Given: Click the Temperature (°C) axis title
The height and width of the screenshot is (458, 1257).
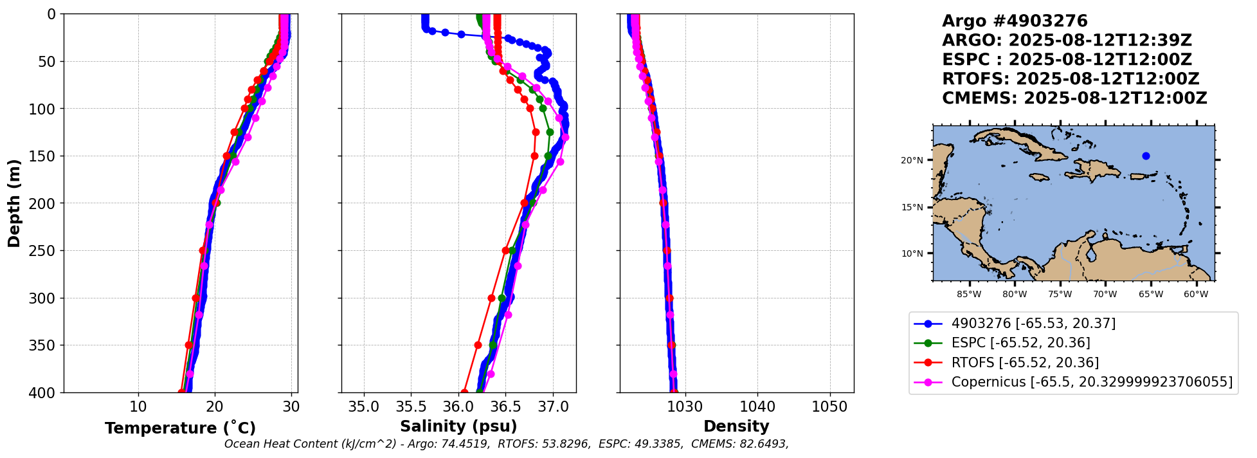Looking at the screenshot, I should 180,428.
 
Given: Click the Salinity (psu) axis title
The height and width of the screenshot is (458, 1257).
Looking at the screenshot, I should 458,426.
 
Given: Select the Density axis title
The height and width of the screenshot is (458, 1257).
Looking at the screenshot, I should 736,426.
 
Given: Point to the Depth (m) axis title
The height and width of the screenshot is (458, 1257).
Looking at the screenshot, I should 14,203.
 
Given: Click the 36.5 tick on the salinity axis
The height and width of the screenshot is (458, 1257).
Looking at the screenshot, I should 505,407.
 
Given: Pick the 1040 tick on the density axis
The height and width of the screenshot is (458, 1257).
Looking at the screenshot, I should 757,407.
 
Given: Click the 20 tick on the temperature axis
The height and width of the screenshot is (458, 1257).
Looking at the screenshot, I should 215,407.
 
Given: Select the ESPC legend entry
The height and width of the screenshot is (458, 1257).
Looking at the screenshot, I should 1020,343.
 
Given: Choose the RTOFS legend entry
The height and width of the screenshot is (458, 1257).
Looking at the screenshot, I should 1025,363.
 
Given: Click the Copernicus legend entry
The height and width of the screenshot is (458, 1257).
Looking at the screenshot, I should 1092,382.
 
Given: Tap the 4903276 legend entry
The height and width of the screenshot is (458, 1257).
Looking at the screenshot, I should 1033,323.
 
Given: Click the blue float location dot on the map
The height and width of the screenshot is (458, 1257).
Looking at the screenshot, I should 1146,156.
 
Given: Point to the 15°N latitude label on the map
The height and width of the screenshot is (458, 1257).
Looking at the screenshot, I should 912,207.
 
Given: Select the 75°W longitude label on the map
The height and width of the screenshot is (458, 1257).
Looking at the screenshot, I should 1060,295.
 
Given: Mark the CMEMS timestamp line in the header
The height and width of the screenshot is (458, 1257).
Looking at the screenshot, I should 1074,98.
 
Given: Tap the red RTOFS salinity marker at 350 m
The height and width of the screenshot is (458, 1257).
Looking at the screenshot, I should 478,345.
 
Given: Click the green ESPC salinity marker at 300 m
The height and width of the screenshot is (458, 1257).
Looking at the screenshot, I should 502,298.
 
